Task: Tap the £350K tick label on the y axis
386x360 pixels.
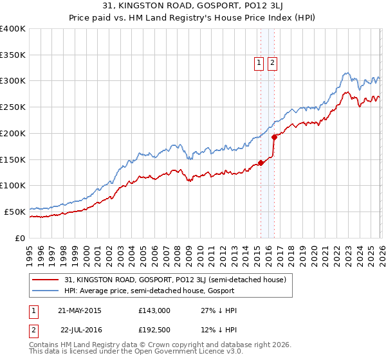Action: coord(13,55)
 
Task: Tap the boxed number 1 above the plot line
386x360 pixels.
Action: coord(259,63)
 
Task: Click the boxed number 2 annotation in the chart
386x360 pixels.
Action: coord(273,63)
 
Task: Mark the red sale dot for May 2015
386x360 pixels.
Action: coord(261,163)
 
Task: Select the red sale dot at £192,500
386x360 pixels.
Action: coord(274,137)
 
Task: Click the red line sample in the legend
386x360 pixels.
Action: coord(46,280)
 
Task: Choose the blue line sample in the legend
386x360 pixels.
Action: coord(46,291)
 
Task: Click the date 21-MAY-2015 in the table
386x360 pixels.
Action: coord(79,310)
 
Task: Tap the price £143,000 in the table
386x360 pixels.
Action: coord(154,310)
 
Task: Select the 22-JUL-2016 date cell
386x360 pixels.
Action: coord(79,331)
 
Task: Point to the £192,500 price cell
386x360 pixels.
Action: coord(154,331)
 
